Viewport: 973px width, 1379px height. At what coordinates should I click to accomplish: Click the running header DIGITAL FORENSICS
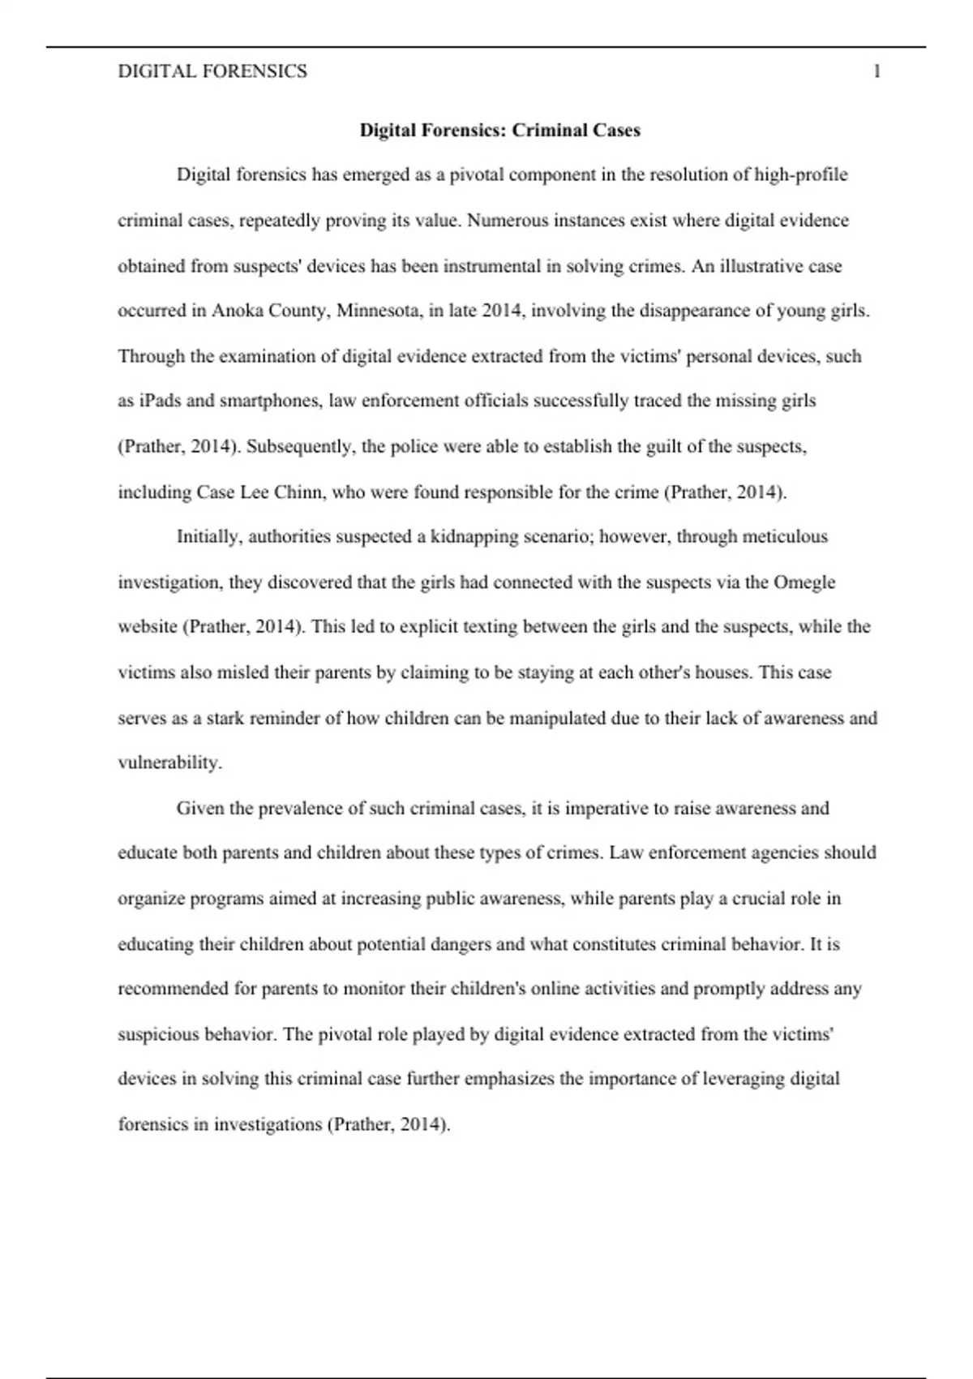coord(212,71)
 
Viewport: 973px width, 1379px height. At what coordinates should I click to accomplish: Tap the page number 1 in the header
coord(877,71)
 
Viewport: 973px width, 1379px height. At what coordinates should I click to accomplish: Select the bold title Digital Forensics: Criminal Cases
coord(499,131)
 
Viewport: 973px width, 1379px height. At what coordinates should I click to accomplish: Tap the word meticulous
coord(785,537)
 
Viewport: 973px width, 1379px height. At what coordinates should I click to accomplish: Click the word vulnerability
coord(169,763)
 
